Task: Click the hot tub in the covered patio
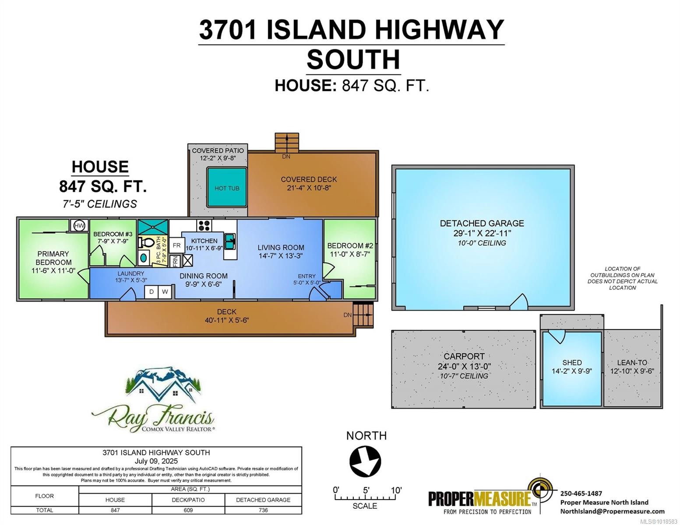[226, 188]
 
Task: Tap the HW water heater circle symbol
[79, 226]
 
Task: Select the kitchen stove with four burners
[204, 226]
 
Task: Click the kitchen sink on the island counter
[230, 241]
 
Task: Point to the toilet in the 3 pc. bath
[145, 242]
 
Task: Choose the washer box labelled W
[165, 291]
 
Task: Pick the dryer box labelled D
[152, 291]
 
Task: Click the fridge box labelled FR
[176, 245]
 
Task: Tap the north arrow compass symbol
[365, 461]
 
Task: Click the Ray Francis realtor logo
[153, 400]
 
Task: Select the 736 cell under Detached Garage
[263, 510]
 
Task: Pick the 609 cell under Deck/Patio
[188, 510]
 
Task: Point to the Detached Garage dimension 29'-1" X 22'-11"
[482, 233]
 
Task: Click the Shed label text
[572, 362]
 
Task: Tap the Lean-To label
[632, 362]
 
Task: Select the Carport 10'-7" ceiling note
[464, 376]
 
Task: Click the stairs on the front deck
[363, 315]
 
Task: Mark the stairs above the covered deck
[287, 142]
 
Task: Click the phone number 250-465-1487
[581, 493]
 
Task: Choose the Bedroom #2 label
[350, 245]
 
